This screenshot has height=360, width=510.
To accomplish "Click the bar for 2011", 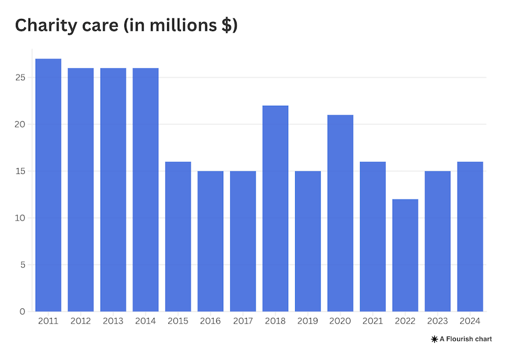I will tap(48, 185).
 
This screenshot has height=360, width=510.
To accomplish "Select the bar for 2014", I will tap(145, 190).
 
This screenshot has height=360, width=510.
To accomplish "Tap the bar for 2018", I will tap(275, 208).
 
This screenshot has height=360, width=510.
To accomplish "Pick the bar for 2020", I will tap(340, 213).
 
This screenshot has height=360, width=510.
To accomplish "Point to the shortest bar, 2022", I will tap(405, 255).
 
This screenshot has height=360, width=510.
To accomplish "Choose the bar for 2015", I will tap(178, 236).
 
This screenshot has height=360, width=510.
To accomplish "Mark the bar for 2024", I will tap(470, 236).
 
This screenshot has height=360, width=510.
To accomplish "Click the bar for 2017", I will tap(243, 241).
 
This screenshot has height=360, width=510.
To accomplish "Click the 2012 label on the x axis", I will tap(81, 320).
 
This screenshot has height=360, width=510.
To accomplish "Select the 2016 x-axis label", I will tap(210, 320).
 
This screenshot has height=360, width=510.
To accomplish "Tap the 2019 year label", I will tap(308, 320).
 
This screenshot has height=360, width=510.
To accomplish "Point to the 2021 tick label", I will tap(373, 320).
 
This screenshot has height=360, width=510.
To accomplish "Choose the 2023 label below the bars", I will tap(438, 320).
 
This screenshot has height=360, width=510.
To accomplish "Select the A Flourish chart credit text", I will tap(465, 339).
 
